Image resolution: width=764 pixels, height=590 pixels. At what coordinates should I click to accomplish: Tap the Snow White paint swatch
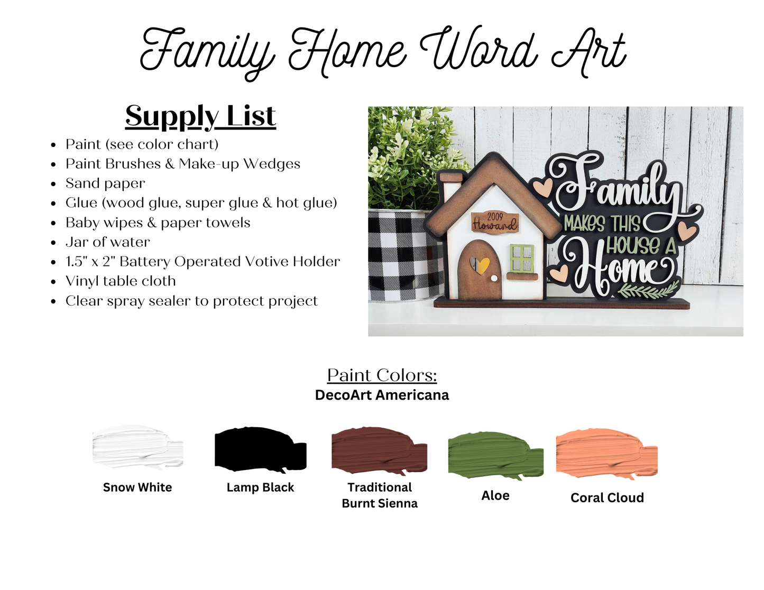coord(137,447)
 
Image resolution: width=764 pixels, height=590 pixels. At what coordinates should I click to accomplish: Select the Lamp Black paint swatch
coord(261,449)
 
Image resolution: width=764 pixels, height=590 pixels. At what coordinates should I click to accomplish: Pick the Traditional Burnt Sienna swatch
coord(380,450)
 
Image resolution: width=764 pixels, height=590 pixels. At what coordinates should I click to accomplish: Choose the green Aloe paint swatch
coord(496,456)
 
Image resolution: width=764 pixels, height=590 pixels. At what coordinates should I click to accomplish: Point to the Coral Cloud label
coord(607,497)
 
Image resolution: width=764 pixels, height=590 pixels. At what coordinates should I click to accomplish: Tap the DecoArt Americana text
coord(382,395)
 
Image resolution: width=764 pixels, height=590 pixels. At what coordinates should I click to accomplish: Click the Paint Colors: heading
coord(382,375)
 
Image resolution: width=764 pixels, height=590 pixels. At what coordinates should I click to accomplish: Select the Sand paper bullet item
coord(105,183)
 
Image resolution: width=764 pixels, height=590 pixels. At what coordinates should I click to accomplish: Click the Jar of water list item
coord(107,242)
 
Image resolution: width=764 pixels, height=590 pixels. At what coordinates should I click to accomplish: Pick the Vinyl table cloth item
coord(121,281)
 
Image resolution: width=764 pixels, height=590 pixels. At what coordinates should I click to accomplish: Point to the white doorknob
coord(494,279)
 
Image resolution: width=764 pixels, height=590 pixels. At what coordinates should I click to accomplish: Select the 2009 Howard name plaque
coord(494,222)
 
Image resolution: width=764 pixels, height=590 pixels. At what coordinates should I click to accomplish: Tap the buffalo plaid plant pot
coord(402,256)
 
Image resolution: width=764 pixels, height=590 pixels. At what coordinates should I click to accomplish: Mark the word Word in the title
coord(478,52)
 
